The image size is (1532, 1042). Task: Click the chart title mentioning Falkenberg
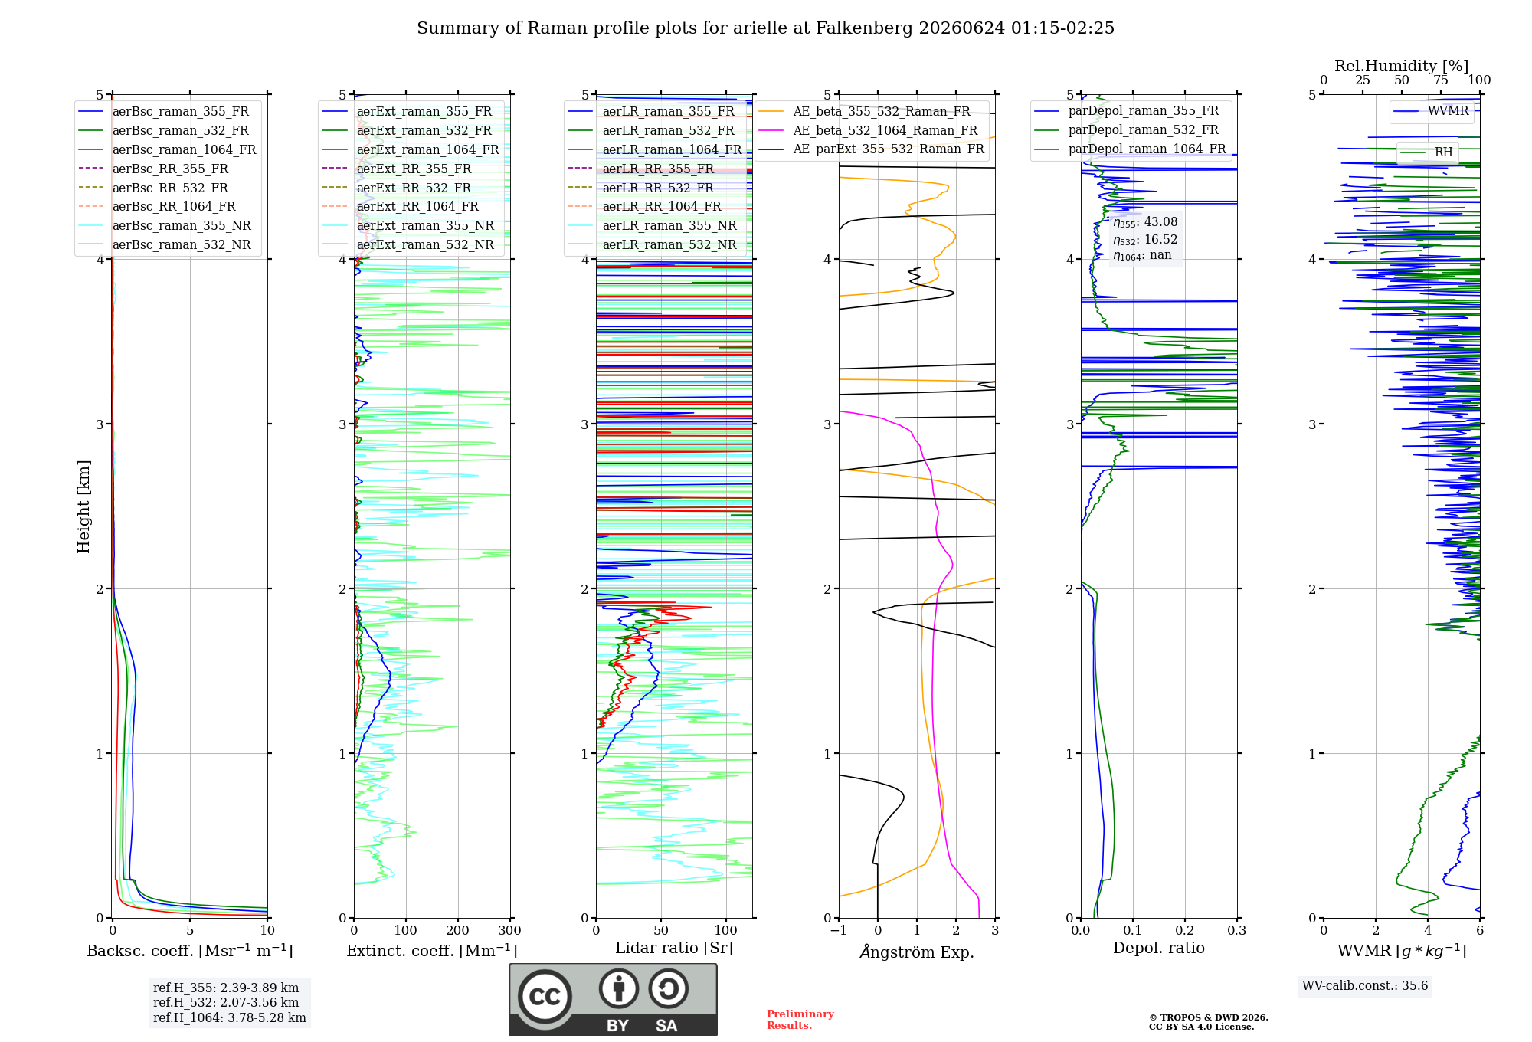pyautogui.click(x=765, y=28)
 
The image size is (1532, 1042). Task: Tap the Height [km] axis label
pyautogui.click(x=83, y=506)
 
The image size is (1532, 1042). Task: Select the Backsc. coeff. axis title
pyautogui.click(x=190, y=951)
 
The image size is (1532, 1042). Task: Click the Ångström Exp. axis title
pyautogui.click(x=917, y=952)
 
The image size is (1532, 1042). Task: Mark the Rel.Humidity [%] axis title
pyautogui.click(x=1402, y=66)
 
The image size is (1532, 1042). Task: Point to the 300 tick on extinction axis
pyautogui.click(x=510, y=931)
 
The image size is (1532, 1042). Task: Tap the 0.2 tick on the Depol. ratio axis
pyautogui.click(x=1185, y=931)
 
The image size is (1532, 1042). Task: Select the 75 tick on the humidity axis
pyautogui.click(x=1441, y=80)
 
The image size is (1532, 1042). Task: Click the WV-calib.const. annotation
pyautogui.click(x=1365, y=986)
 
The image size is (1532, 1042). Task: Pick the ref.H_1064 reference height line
pyautogui.click(x=230, y=1018)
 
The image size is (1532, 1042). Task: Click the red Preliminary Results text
pyautogui.click(x=800, y=1020)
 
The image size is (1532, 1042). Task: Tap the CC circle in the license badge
pyautogui.click(x=545, y=997)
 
